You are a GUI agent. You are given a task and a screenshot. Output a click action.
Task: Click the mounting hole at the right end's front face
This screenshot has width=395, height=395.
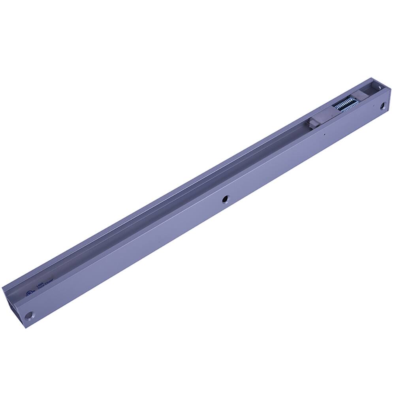[x=382, y=105]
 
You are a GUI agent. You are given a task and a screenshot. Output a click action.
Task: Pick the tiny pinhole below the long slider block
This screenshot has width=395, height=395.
[x=324, y=134]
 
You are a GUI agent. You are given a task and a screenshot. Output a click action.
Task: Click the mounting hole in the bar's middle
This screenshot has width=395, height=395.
[x=225, y=199]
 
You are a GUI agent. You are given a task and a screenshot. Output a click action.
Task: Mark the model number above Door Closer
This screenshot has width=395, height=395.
[x=39, y=284]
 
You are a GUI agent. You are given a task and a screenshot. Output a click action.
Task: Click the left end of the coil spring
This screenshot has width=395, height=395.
[x=335, y=110]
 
